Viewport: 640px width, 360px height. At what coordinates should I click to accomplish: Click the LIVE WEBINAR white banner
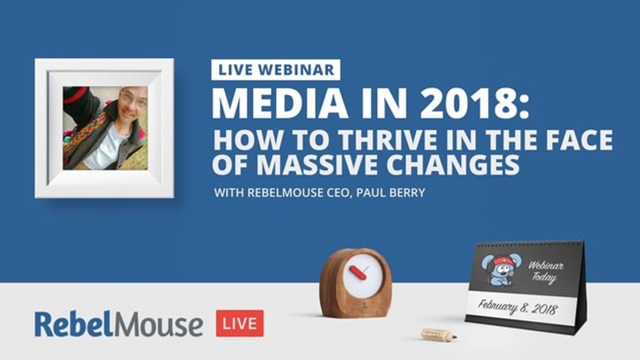coord(276,70)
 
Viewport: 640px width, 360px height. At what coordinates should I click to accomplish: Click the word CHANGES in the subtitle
coord(453,164)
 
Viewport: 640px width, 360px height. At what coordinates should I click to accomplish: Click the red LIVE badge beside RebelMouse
coord(240,323)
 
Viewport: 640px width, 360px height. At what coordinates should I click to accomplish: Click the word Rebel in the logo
coord(69,324)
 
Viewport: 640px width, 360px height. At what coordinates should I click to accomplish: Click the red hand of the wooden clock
coord(358,273)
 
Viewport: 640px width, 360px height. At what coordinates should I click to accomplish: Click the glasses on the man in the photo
coord(132,99)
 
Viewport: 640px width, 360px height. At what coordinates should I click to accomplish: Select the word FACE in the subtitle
coord(581,140)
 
